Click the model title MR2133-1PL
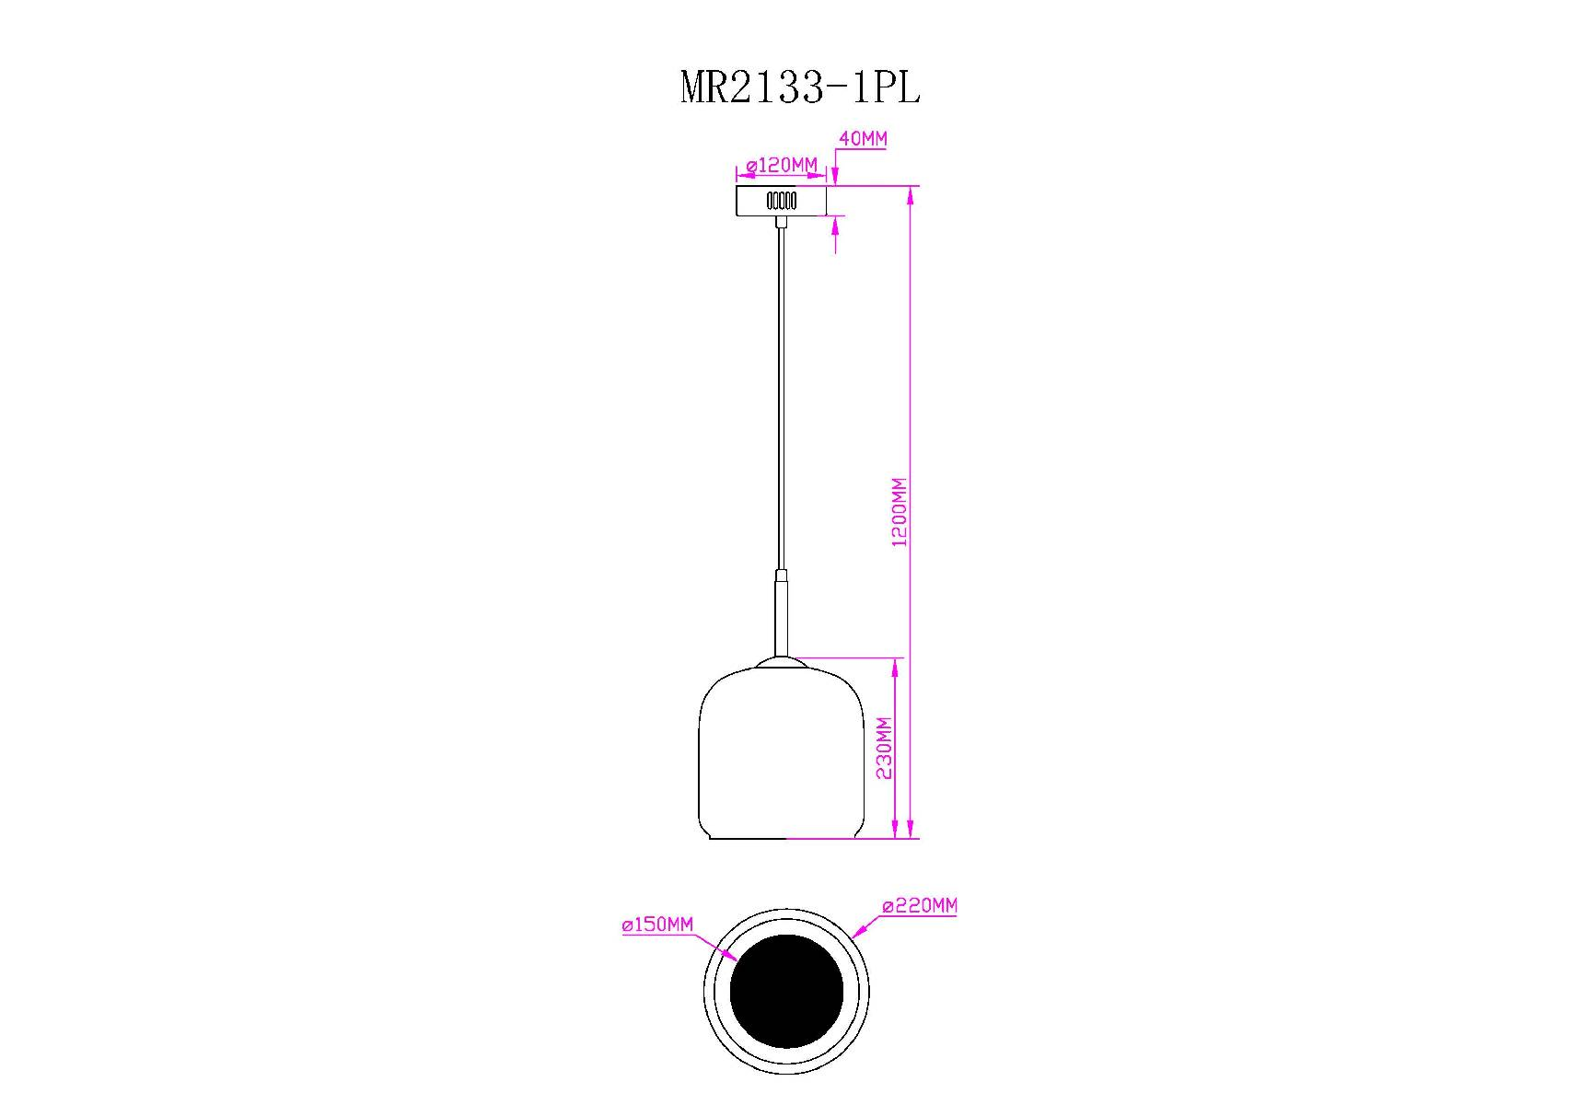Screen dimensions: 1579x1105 pyautogui.click(x=799, y=88)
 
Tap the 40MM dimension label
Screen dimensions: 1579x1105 pyautogui.click(x=863, y=139)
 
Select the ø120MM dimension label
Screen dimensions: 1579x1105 pyautogui.click(x=782, y=166)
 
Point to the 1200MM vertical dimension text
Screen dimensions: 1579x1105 pyautogui.click(x=900, y=512)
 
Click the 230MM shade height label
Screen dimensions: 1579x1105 pyautogui.click(x=884, y=748)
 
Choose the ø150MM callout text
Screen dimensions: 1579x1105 pyautogui.click(x=657, y=925)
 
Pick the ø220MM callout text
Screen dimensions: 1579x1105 pyautogui.click(x=920, y=906)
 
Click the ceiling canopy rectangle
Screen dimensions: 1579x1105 pyautogui.click(x=782, y=201)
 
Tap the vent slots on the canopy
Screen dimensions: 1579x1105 pyautogui.click(x=782, y=200)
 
